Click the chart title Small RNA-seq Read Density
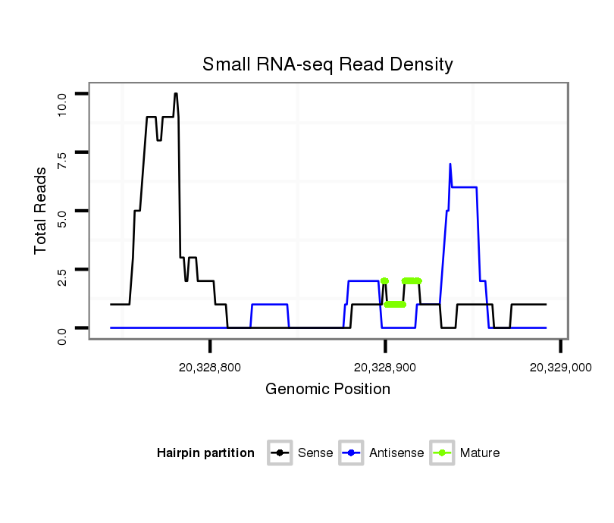point(327,64)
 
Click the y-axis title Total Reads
point(41,210)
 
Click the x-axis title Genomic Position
point(327,390)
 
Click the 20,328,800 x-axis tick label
point(210,367)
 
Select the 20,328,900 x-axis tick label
point(385,367)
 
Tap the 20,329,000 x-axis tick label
point(560,367)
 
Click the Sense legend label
point(315,453)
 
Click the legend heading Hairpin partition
point(205,453)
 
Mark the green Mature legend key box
point(443,453)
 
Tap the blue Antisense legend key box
point(353,453)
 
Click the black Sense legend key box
point(280,453)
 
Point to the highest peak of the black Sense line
point(176,94)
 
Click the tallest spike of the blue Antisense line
point(450,164)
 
